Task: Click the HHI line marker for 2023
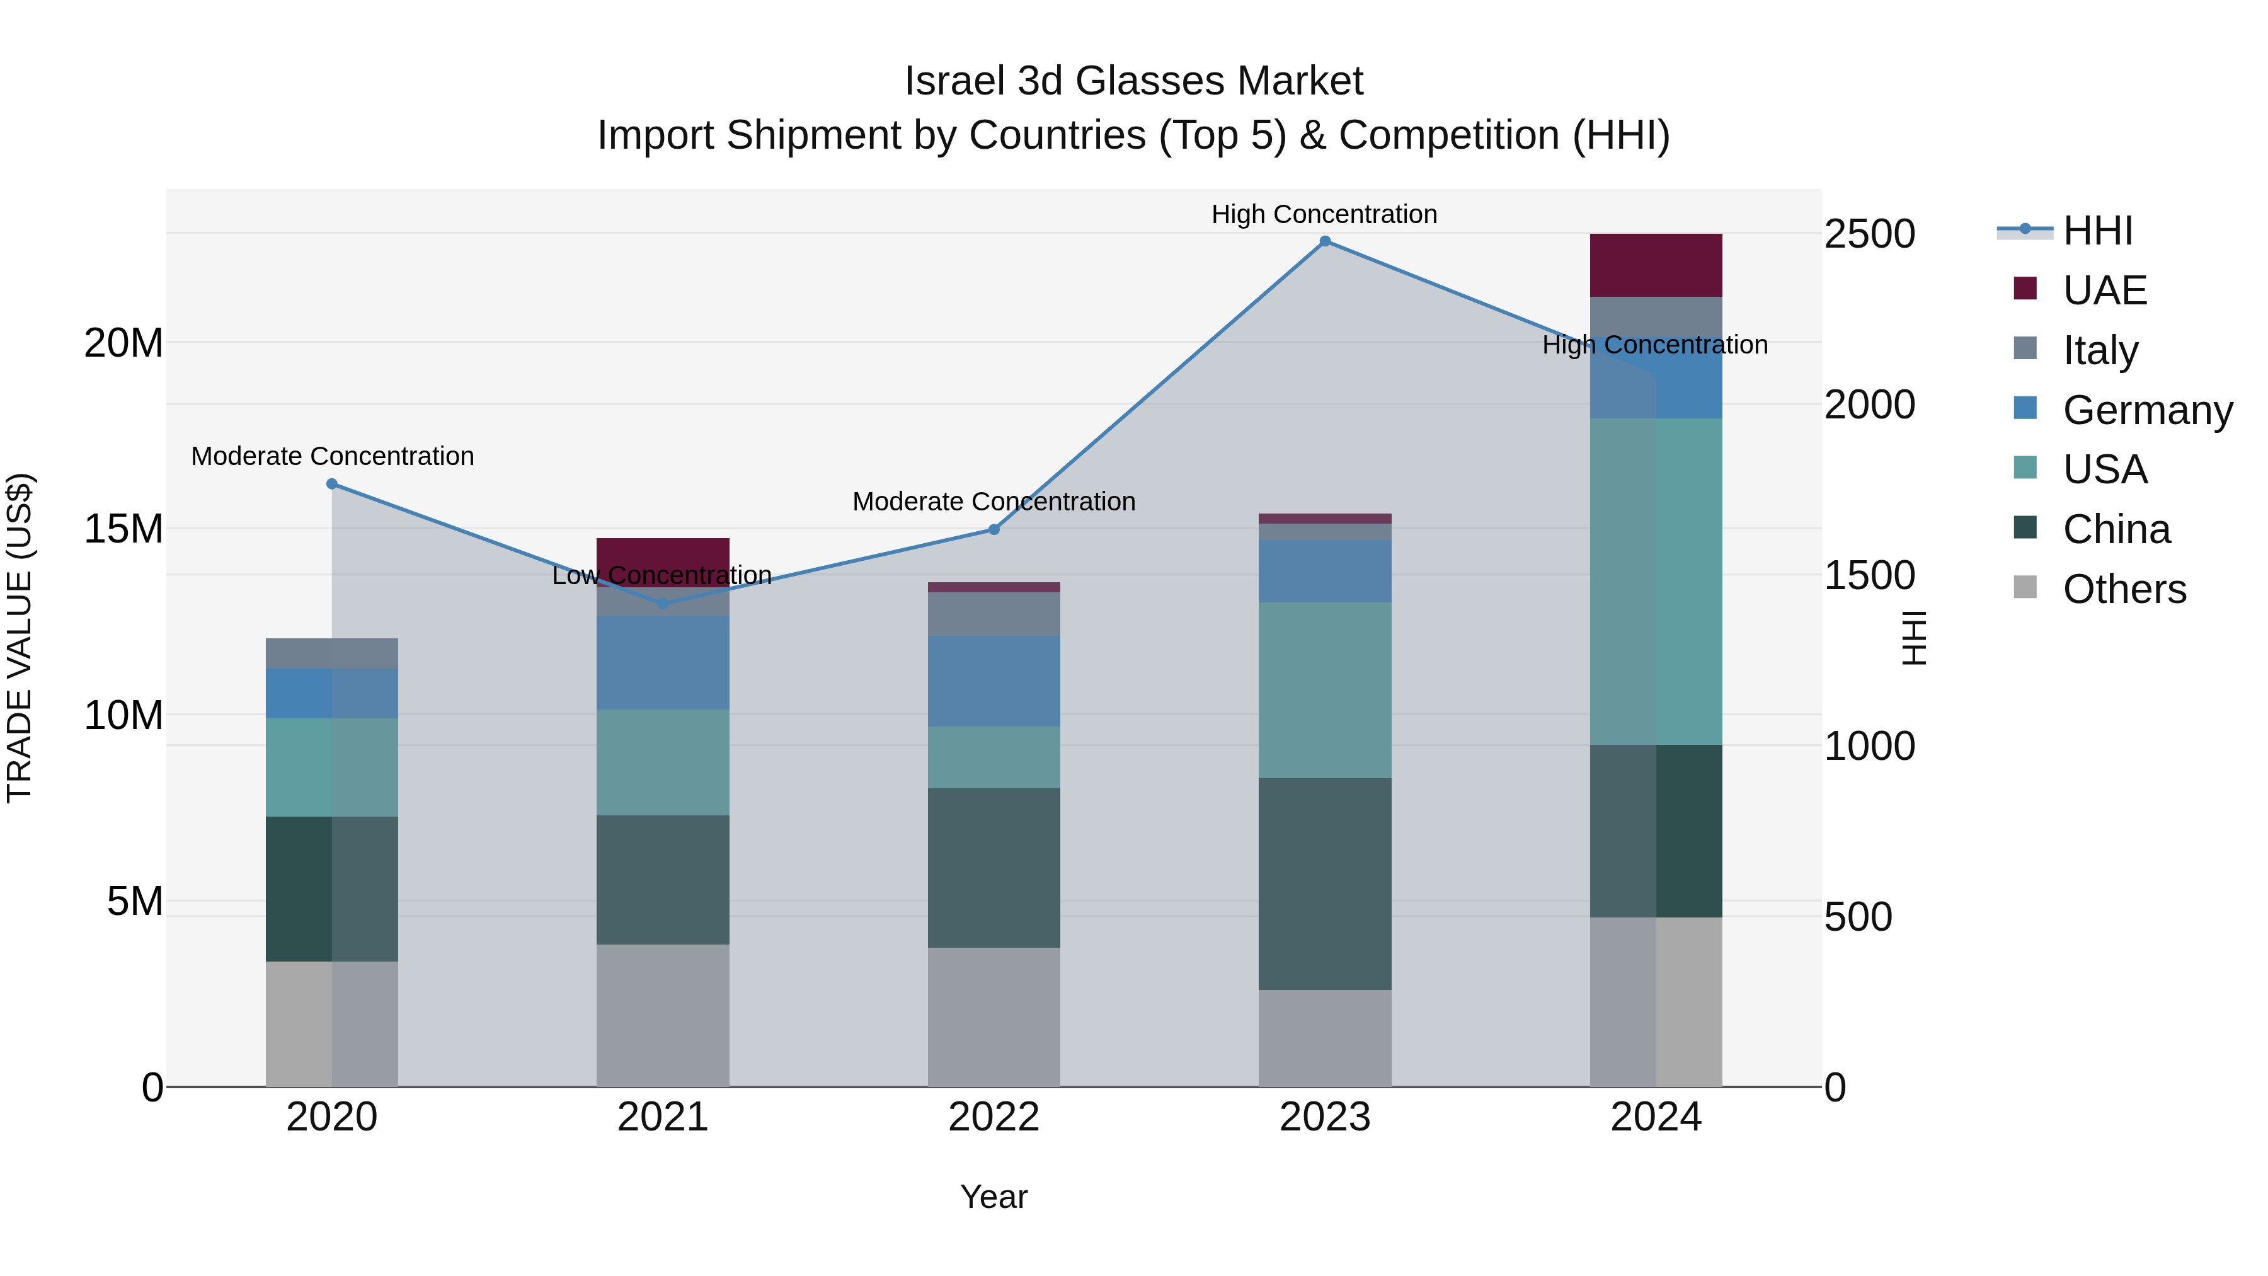pos(1324,241)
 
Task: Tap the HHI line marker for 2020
pos(332,483)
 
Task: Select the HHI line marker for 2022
pos(994,529)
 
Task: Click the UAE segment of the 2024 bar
pos(1655,265)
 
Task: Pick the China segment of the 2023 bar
pos(1324,883)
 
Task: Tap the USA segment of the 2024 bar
pos(1655,581)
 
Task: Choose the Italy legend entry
pos(2100,350)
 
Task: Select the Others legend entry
pos(2124,589)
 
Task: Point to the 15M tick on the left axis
pos(123,529)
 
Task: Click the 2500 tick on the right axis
pos(1869,234)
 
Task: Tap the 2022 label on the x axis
pos(994,1117)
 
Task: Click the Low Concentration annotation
pos(662,575)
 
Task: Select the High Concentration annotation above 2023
pos(1324,214)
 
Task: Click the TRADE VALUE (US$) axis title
pos(20,638)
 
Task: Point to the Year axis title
pos(994,1197)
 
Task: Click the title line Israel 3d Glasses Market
pos(1133,81)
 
